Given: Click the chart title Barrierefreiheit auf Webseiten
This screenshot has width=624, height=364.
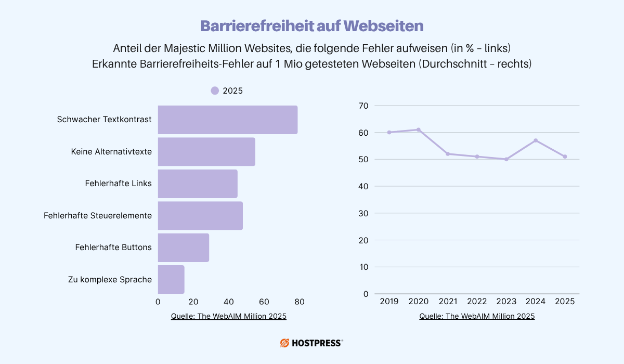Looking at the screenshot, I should tap(312, 26).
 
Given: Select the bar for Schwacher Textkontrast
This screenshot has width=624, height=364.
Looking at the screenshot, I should tap(227, 120).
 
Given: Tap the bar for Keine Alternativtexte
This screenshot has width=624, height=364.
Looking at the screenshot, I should tap(206, 152).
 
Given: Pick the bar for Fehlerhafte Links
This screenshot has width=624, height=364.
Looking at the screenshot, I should tap(197, 184).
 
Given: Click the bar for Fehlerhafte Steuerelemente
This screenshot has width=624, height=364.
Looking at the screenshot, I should tap(200, 215).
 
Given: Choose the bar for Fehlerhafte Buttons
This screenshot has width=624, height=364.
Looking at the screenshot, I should tap(183, 248).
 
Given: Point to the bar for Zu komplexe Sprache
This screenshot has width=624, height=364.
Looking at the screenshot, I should tap(171, 279).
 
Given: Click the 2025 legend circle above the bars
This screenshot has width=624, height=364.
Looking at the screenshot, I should tap(215, 90).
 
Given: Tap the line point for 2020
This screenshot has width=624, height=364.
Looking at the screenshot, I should tap(419, 129).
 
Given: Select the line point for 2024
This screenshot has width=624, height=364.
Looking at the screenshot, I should tap(536, 140).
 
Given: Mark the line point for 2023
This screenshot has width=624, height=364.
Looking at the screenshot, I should tap(506, 159).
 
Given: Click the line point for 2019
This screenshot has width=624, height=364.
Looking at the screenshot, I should tap(389, 132).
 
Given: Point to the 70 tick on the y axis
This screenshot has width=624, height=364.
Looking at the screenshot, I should tap(363, 106).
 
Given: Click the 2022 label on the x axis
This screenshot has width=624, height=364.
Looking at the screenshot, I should tap(477, 302).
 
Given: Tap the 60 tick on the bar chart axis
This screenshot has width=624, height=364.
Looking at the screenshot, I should tap(264, 302).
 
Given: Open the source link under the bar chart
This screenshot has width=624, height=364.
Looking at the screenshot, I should tap(228, 316).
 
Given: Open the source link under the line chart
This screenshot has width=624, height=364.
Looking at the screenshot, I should tap(477, 316).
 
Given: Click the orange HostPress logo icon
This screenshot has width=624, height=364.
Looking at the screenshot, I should tap(285, 343).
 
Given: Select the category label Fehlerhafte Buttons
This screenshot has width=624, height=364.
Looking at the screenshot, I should tap(113, 248).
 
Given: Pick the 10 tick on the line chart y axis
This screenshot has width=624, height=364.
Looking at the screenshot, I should tap(363, 267).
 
